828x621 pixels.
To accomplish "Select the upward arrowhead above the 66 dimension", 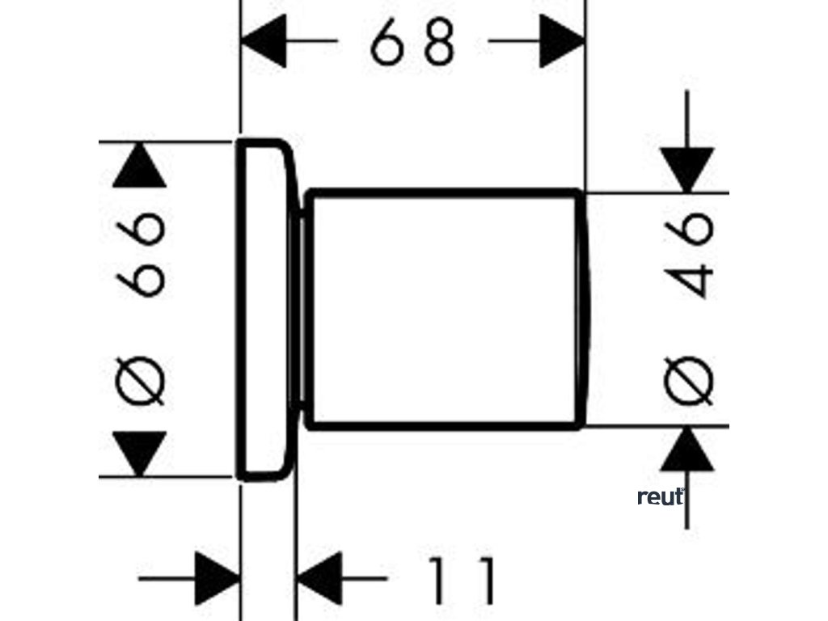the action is tap(139, 166).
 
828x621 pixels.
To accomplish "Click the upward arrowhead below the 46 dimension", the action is tap(686, 450).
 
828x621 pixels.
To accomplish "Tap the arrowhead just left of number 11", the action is tap(319, 579).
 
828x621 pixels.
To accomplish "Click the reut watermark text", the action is tap(660, 498).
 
